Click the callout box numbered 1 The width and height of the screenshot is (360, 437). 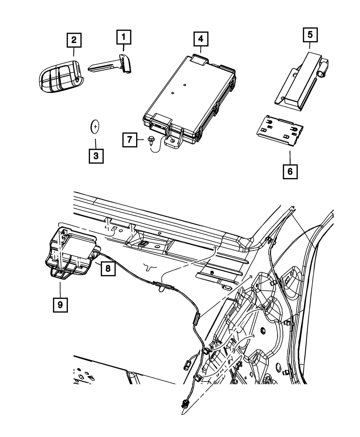pos(123,37)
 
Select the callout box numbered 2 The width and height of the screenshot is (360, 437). pos(73,40)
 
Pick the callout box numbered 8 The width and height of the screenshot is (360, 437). pos(108,268)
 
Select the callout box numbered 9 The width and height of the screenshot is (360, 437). pos(60,305)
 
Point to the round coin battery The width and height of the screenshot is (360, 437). pos(95,126)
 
